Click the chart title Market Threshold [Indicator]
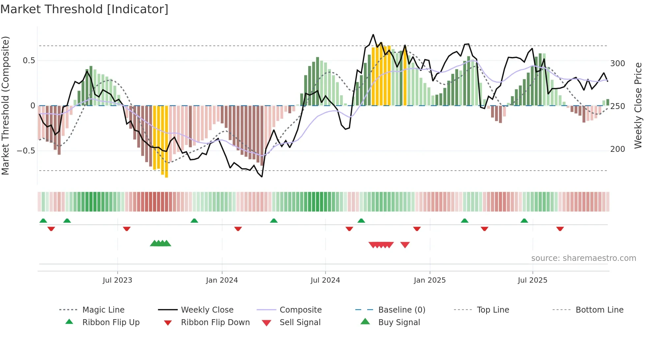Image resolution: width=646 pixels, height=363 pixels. coord(84,9)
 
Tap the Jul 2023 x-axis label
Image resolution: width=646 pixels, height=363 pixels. coord(117,280)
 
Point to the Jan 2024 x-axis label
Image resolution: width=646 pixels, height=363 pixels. coord(222,280)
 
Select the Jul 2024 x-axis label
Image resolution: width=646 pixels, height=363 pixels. coord(325,280)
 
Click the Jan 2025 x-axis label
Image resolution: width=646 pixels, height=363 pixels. coord(430,280)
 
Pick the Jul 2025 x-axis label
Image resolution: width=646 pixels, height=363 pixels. coord(533,280)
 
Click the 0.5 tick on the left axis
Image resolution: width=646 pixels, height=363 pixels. coord(29,61)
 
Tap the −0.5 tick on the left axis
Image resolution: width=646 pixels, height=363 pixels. coord(26,151)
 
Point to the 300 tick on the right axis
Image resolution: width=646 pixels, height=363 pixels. coord(618,64)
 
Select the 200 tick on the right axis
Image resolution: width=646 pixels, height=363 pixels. coord(618,149)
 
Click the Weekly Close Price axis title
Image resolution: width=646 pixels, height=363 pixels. coord(638,105)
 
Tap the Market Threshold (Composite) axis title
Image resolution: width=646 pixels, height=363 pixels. coord(5,105)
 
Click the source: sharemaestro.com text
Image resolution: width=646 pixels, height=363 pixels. coord(583,258)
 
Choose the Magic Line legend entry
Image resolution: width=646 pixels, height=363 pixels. coord(103,310)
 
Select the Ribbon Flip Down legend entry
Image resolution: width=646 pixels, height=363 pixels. coord(215,322)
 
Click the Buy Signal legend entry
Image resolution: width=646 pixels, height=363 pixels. coord(399,322)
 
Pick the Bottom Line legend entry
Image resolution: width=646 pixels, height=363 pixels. coord(599,310)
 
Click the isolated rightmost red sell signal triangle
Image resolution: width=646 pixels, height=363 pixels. coord(405,245)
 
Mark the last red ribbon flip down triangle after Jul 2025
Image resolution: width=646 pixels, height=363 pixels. coord(560,229)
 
